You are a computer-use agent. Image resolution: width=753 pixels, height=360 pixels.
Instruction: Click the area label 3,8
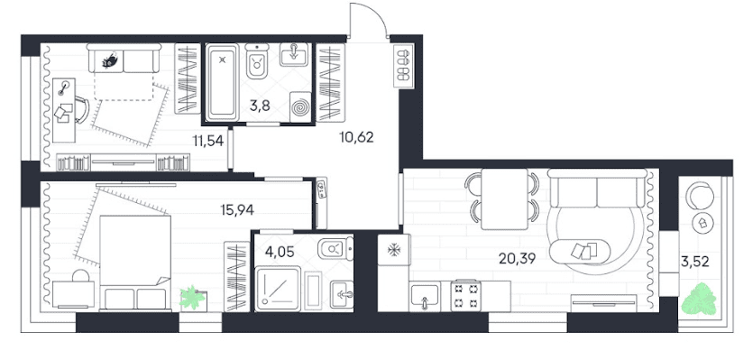260,106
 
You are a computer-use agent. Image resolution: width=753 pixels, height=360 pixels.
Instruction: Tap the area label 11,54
208,141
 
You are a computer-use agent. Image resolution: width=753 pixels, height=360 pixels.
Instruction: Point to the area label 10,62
356,137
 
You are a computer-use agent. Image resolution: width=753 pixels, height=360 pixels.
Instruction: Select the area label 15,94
237,209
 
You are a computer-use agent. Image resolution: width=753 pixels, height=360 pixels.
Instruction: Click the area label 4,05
280,252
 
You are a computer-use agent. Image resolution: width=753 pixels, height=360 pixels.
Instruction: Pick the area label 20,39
517,259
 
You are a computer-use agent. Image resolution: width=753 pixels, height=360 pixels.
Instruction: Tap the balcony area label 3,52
695,262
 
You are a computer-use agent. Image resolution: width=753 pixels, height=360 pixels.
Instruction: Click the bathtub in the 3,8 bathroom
222,82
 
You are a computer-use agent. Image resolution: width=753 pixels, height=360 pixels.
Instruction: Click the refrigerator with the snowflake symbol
394,249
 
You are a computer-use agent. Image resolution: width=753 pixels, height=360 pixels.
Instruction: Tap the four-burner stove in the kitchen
465,296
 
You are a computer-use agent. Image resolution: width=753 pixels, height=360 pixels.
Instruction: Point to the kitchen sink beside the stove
425,297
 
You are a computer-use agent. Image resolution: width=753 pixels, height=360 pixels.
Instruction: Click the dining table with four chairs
504,199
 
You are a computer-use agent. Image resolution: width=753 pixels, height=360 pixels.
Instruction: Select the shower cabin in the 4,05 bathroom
278,289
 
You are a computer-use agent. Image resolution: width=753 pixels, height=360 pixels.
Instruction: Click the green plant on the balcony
699,299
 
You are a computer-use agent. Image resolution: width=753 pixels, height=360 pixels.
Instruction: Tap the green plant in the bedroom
192,298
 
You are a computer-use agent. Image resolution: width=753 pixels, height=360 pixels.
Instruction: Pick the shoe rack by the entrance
403,67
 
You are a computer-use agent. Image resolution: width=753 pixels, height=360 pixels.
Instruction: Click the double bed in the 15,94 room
135,263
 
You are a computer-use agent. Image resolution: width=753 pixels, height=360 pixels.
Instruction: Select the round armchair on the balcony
700,196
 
